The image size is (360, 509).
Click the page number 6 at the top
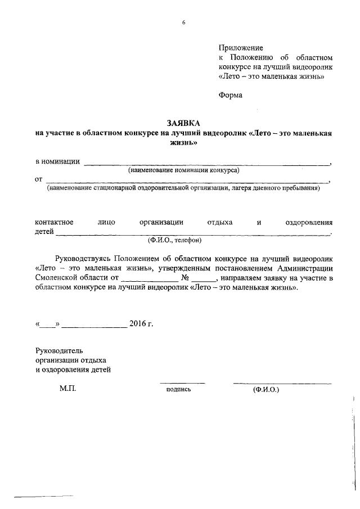click(183, 22)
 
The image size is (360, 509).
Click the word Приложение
click(241, 48)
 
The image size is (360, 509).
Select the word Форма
click(231, 95)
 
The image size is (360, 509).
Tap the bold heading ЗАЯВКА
click(183, 123)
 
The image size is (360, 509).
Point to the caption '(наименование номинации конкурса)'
click(183, 170)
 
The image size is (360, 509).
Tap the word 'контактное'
click(54, 222)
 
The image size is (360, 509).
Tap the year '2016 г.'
click(141, 324)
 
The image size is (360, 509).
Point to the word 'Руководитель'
click(59, 350)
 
